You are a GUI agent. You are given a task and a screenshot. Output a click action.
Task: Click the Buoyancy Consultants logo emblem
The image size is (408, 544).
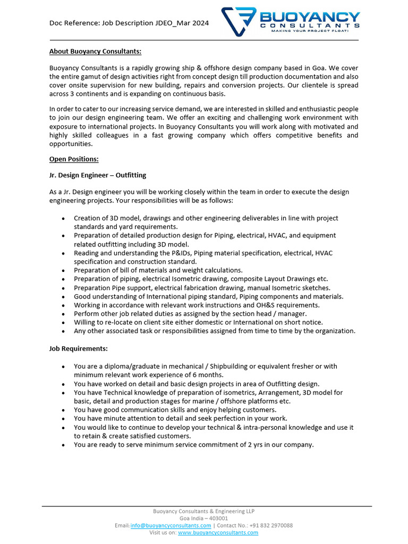[239, 21]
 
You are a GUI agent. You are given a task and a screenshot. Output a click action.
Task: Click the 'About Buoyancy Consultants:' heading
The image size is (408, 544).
[95, 52]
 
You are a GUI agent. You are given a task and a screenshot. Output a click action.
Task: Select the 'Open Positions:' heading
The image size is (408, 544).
[74, 159]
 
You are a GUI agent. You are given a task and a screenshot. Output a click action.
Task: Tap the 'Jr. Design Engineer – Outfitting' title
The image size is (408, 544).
[98, 175]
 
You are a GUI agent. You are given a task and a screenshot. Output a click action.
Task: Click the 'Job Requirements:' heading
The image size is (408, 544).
[78, 348]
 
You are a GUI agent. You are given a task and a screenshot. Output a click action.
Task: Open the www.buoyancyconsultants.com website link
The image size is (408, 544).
[218, 532]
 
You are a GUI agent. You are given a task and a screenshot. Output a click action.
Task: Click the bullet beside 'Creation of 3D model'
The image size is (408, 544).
[64, 218]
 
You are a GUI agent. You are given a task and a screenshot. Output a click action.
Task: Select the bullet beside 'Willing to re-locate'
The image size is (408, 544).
[64, 322]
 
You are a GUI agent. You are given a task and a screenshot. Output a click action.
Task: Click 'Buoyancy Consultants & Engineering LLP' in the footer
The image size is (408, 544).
[204, 511]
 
